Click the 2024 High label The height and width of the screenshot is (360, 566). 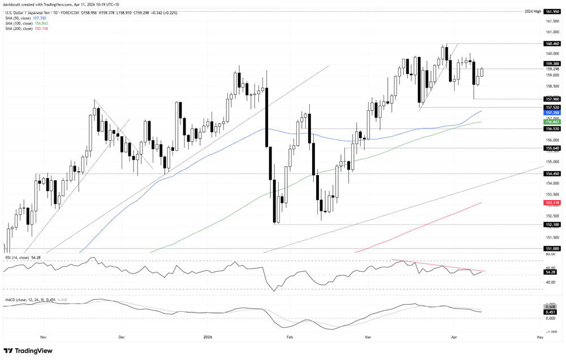[x=532, y=11]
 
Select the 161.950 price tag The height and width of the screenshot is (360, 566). [x=552, y=11]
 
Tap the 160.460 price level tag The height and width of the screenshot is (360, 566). [x=552, y=44]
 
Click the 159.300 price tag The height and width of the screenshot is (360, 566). [x=552, y=64]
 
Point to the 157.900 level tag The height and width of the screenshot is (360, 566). [x=552, y=99]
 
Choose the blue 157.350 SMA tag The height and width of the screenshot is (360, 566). [x=552, y=112]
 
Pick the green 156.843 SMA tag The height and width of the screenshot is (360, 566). [x=552, y=122]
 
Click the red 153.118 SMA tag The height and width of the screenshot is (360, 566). [x=552, y=202]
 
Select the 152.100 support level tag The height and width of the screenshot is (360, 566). [x=552, y=224]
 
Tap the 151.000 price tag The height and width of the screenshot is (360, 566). [x=552, y=248]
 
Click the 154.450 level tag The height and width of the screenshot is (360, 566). [x=552, y=174]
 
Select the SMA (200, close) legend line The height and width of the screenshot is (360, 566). [x=25, y=28]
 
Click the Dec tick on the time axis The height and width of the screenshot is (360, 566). [x=122, y=337]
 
